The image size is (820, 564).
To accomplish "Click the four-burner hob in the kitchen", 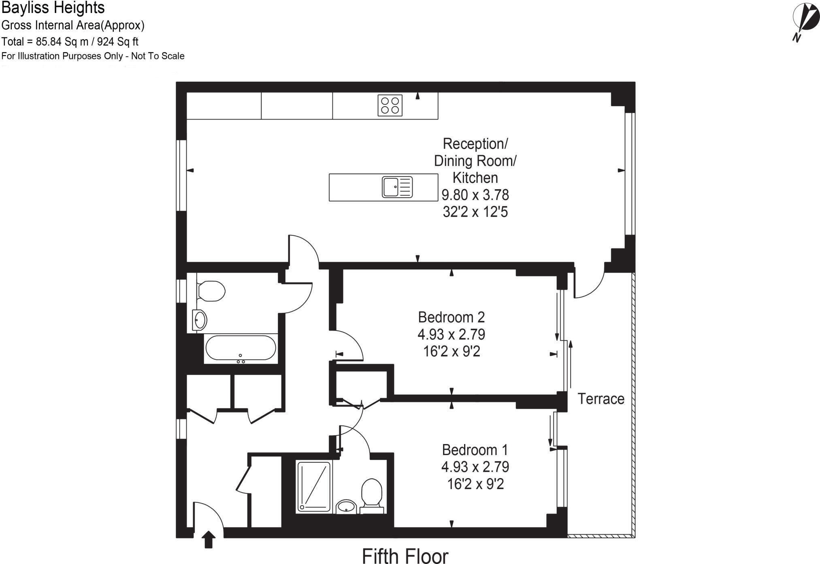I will [x=390, y=105].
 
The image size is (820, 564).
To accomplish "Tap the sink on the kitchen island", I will [x=397, y=187].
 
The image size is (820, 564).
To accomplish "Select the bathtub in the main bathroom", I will [x=241, y=348].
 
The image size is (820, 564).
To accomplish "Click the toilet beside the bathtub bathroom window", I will [x=211, y=291].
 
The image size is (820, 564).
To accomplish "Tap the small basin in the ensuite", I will [x=346, y=506].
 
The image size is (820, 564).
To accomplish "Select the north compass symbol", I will [x=805, y=20].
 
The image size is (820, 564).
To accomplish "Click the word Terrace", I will [x=601, y=399].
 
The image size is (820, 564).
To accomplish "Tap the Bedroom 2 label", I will [x=451, y=317].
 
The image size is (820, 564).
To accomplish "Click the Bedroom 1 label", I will [x=475, y=450].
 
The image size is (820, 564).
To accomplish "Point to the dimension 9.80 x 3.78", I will [x=475, y=195].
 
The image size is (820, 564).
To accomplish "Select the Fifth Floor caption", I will [x=405, y=556].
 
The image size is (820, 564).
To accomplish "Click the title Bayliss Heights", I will [x=53, y=8].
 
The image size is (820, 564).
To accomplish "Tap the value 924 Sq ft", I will [x=118, y=42].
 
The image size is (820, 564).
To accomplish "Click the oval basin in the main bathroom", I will [x=200, y=320].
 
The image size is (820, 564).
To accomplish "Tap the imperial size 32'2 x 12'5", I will [x=475, y=212].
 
